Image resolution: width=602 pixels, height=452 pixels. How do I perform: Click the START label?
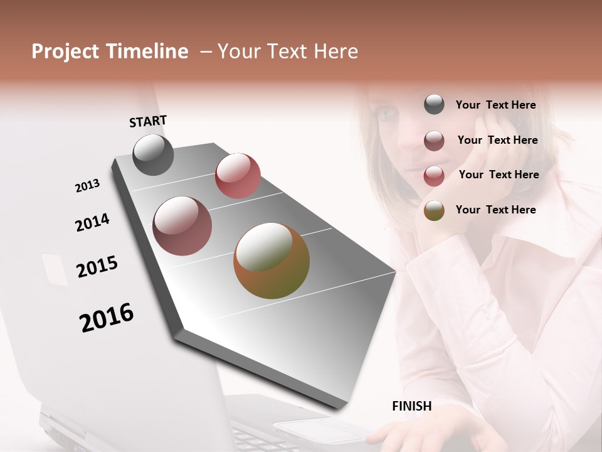click(x=148, y=121)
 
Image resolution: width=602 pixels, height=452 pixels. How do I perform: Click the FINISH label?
click(x=412, y=406)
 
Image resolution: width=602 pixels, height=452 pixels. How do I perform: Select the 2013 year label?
click(x=88, y=186)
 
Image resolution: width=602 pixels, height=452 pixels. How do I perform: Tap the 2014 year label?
click(x=92, y=222)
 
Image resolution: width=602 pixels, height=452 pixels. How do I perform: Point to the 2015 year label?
click(x=97, y=267)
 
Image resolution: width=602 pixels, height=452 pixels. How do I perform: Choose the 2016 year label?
click(x=107, y=318)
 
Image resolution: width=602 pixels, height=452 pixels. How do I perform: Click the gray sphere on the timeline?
click(x=154, y=154)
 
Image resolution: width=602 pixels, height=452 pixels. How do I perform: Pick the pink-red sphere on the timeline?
click(x=238, y=176)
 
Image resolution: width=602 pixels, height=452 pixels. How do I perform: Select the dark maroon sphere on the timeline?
click(x=182, y=226)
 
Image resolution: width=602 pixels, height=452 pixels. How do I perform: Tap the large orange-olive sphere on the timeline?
click(x=272, y=261)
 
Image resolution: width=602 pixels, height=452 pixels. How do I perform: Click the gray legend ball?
click(x=434, y=104)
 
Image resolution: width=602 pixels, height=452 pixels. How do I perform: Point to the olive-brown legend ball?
click(x=434, y=211)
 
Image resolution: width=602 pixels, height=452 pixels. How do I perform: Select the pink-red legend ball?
click(x=434, y=176)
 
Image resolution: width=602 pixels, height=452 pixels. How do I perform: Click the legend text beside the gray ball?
click(x=495, y=105)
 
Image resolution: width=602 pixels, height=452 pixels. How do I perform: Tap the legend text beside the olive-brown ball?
click(x=495, y=210)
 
